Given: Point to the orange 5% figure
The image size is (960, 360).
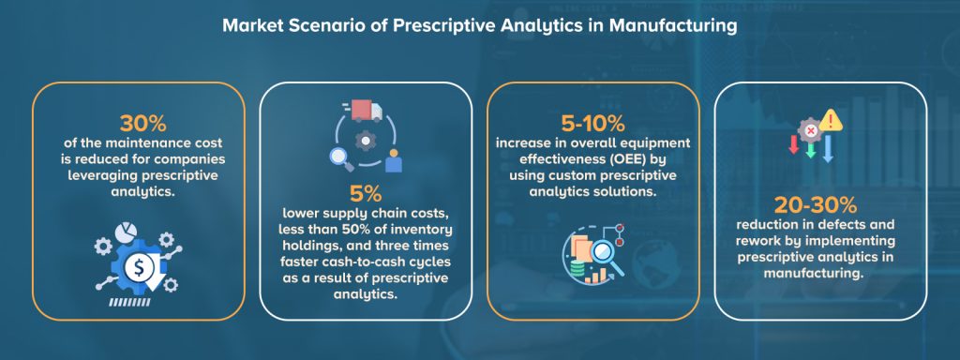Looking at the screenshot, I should [x=365, y=195].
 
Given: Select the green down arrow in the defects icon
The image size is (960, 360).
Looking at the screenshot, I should [x=810, y=149].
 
